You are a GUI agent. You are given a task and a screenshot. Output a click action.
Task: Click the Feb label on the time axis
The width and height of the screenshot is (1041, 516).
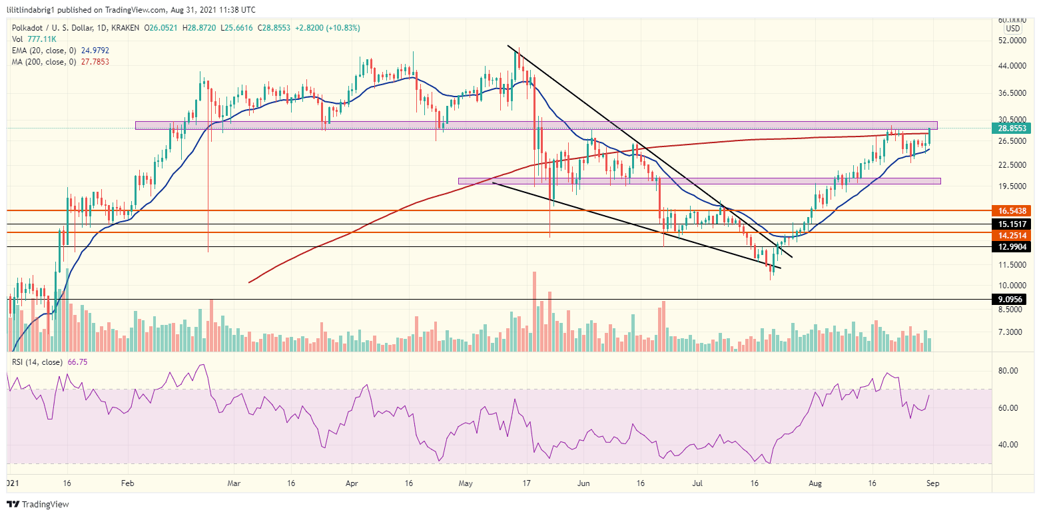coord(129,484)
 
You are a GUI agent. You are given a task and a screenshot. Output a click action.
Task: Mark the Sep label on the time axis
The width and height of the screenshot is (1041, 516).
coord(932,484)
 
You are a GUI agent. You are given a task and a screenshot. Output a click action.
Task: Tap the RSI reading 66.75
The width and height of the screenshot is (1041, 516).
coord(77,362)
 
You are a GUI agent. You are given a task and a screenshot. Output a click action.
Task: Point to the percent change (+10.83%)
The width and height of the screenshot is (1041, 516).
coord(338,27)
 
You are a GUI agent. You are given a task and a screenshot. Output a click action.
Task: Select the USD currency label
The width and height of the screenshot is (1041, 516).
coord(1012,29)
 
